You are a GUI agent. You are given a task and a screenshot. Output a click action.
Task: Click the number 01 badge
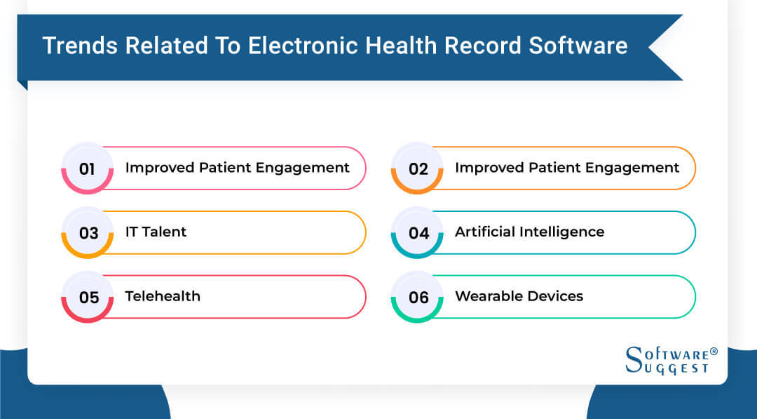tap(88, 169)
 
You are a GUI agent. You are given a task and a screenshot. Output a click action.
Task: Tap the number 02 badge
tap(418, 169)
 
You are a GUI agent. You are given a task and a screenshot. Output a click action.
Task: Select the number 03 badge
tap(88, 233)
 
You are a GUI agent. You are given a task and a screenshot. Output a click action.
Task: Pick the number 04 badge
tap(418, 233)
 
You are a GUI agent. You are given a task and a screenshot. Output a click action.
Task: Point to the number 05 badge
tap(88, 297)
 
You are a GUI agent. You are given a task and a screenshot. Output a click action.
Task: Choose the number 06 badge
tap(418, 297)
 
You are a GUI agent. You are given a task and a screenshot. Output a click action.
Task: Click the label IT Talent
tap(156, 232)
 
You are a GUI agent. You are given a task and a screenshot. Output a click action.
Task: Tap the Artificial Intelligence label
tap(529, 232)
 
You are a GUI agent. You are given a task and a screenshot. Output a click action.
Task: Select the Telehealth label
tap(163, 296)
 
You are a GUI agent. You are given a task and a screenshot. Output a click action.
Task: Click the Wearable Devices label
tap(519, 296)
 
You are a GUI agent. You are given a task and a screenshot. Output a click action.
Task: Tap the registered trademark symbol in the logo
tap(714, 350)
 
